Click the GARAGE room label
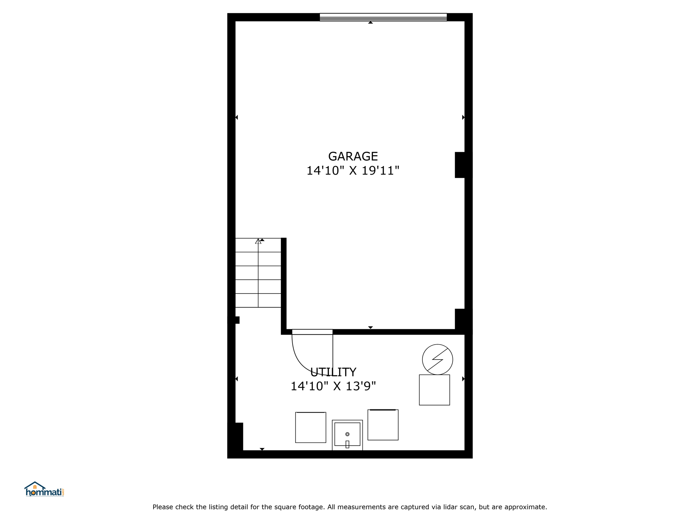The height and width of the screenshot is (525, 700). click(353, 156)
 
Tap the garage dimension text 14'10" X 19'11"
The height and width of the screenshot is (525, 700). click(353, 171)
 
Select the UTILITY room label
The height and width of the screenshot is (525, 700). click(333, 372)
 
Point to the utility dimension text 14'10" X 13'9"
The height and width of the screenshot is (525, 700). click(333, 386)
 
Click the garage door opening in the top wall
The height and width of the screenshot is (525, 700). click(383, 17)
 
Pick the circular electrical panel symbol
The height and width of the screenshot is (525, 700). click(437, 360)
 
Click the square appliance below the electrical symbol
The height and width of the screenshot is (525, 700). click(434, 390)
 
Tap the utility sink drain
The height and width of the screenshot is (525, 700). click(347, 434)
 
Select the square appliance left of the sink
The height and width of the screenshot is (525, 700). click(311, 427)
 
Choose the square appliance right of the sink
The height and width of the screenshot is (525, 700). click(383, 425)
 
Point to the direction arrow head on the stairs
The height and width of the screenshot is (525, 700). click(258, 241)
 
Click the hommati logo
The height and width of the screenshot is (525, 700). click(44, 489)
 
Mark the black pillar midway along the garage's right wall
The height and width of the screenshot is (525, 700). click(460, 165)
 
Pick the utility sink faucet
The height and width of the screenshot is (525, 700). click(347, 444)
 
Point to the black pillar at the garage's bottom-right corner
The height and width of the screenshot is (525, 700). click(460, 319)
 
